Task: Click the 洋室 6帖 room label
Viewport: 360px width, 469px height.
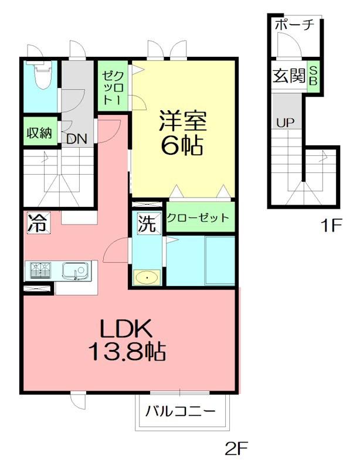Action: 182,133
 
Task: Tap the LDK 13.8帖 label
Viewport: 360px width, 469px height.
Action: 127,340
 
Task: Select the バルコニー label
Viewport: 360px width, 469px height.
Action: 180,412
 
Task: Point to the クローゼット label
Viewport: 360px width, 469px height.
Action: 198,217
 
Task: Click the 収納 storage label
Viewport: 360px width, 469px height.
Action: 39,132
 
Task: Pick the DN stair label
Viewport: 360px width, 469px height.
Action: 77,139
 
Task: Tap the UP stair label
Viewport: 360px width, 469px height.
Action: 285,123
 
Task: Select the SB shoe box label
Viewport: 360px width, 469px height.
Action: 313,76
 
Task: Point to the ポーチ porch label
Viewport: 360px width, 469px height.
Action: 294,24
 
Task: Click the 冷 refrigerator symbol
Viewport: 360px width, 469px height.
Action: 38,223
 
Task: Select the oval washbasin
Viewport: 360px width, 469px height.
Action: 147,278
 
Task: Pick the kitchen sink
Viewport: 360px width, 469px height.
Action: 76,271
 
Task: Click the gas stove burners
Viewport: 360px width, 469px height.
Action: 40,271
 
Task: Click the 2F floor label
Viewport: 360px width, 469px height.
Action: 237,448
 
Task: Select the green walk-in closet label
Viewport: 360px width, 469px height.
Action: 113,88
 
